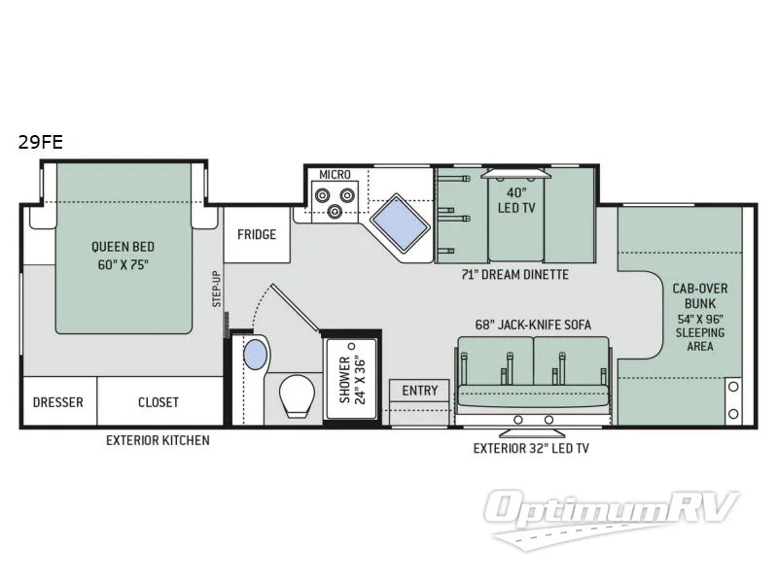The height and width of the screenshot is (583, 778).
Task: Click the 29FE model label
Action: [x=40, y=141]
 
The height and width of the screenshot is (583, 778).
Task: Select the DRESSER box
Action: [x=57, y=402]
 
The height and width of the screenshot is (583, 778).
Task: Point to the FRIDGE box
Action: [x=257, y=234]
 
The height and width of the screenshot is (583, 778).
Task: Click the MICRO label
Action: [x=335, y=174]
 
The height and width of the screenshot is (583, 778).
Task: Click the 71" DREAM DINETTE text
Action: [x=514, y=275]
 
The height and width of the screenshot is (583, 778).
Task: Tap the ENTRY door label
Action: [x=419, y=391]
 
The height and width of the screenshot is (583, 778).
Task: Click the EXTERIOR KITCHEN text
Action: [x=158, y=440]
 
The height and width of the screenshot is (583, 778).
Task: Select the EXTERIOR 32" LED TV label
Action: [x=531, y=449]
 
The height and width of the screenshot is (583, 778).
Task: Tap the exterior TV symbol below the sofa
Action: [x=531, y=424]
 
